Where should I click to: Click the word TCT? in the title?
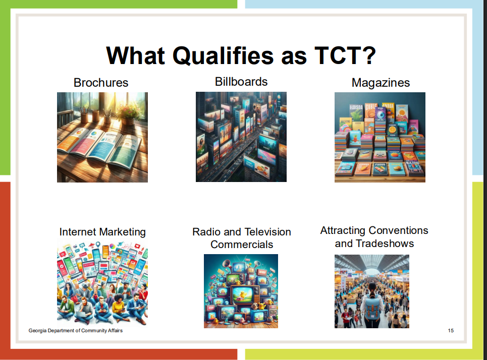pyautogui.click(x=345, y=55)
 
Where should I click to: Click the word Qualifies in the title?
pyautogui.click(x=223, y=56)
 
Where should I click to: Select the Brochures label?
pyautogui.click(x=101, y=83)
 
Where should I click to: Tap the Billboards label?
pyautogui.click(x=241, y=82)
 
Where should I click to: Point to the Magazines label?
pyautogui.click(x=381, y=83)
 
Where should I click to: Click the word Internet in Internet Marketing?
pyautogui.click(x=78, y=232)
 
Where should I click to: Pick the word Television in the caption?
pyautogui.click(x=268, y=232)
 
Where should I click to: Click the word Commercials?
pyautogui.click(x=242, y=245)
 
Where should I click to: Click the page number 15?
pyautogui.click(x=451, y=331)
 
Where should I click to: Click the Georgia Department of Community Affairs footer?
pyautogui.click(x=76, y=331)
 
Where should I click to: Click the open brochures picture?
pyautogui.click(x=102, y=137)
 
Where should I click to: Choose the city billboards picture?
pyautogui.click(x=241, y=137)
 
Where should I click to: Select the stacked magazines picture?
pyautogui.click(x=380, y=137)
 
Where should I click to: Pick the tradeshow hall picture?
pyautogui.click(x=372, y=291)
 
